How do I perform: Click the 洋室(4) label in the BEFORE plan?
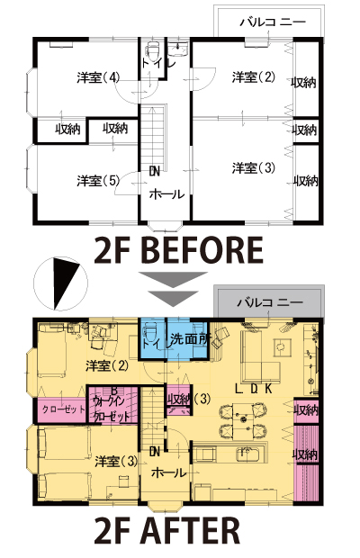tap(98, 77)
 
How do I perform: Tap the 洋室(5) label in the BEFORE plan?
tap(98, 181)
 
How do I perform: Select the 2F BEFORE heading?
tap(179, 250)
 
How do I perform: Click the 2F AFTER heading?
tap(167, 531)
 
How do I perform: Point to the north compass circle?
tap(60, 283)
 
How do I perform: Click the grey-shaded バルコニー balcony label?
tap(270, 302)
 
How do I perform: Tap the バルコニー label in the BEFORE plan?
tap(273, 22)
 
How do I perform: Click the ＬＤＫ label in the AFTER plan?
tap(254, 388)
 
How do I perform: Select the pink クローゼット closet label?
tap(64, 409)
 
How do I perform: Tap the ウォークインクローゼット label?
tap(111, 409)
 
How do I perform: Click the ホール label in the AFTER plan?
tap(168, 472)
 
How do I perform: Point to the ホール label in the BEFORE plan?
tap(166, 194)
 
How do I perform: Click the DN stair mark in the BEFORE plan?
tap(155, 172)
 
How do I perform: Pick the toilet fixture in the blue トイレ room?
tap(150, 332)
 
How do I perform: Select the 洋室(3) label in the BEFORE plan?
tap(253, 167)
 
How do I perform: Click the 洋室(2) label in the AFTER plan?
tap(107, 365)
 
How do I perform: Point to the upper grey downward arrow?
tap(173, 279)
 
